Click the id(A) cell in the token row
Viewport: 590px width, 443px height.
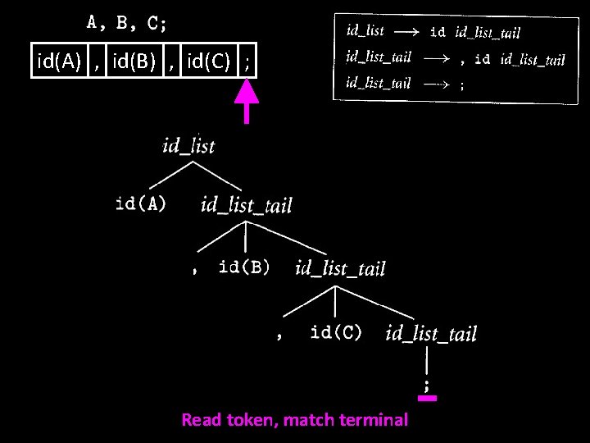pyautogui.click(x=59, y=60)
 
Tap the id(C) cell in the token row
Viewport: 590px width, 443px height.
pyautogui.click(x=209, y=60)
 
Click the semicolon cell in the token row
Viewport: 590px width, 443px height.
pyautogui.click(x=247, y=60)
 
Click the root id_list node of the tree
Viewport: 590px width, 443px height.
pyautogui.click(x=188, y=146)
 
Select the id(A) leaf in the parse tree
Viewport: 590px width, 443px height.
pyautogui.click(x=141, y=203)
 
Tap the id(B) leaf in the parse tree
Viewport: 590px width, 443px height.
pyautogui.click(x=244, y=267)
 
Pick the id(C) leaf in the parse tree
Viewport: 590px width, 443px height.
pyautogui.click(x=336, y=332)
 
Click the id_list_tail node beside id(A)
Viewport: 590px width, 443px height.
pyautogui.click(x=246, y=205)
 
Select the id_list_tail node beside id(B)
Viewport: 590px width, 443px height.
pyautogui.click(x=339, y=268)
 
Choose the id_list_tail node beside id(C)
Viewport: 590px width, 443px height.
pyautogui.click(x=430, y=333)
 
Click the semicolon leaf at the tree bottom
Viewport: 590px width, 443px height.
pyautogui.click(x=426, y=384)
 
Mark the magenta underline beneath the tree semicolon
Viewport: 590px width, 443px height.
pyautogui.click(x=427, y=399)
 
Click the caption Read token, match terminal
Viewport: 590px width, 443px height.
pyautogui.click(x=294, y=420)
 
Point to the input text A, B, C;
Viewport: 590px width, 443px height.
pyautogui.click(x=127, y=23)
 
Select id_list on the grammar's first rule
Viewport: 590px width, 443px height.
pyautogui.click(x=365, y=31)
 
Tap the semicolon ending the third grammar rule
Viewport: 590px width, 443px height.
pyautogui.click(x=463, y=84)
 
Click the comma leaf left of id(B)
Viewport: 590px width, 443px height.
pyautogui.click(x=194, y=270)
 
